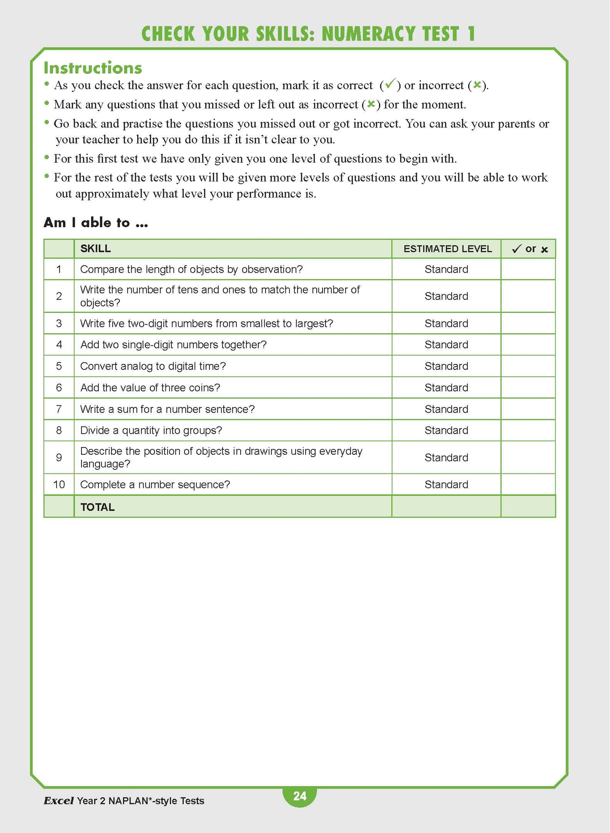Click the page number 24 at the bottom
300,796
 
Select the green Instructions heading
93,68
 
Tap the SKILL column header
96,249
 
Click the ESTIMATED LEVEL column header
447,249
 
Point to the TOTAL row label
98,507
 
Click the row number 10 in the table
59,485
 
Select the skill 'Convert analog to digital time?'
153,366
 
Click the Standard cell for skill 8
446,430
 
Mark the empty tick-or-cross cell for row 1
528,269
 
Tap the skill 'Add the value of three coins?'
150,388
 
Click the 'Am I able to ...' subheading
96,222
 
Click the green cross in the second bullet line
371,104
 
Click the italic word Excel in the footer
59,801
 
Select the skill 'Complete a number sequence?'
155,485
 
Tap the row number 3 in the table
59,323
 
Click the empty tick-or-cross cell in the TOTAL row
528,507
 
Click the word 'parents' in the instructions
517,124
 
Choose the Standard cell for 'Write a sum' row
446,409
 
